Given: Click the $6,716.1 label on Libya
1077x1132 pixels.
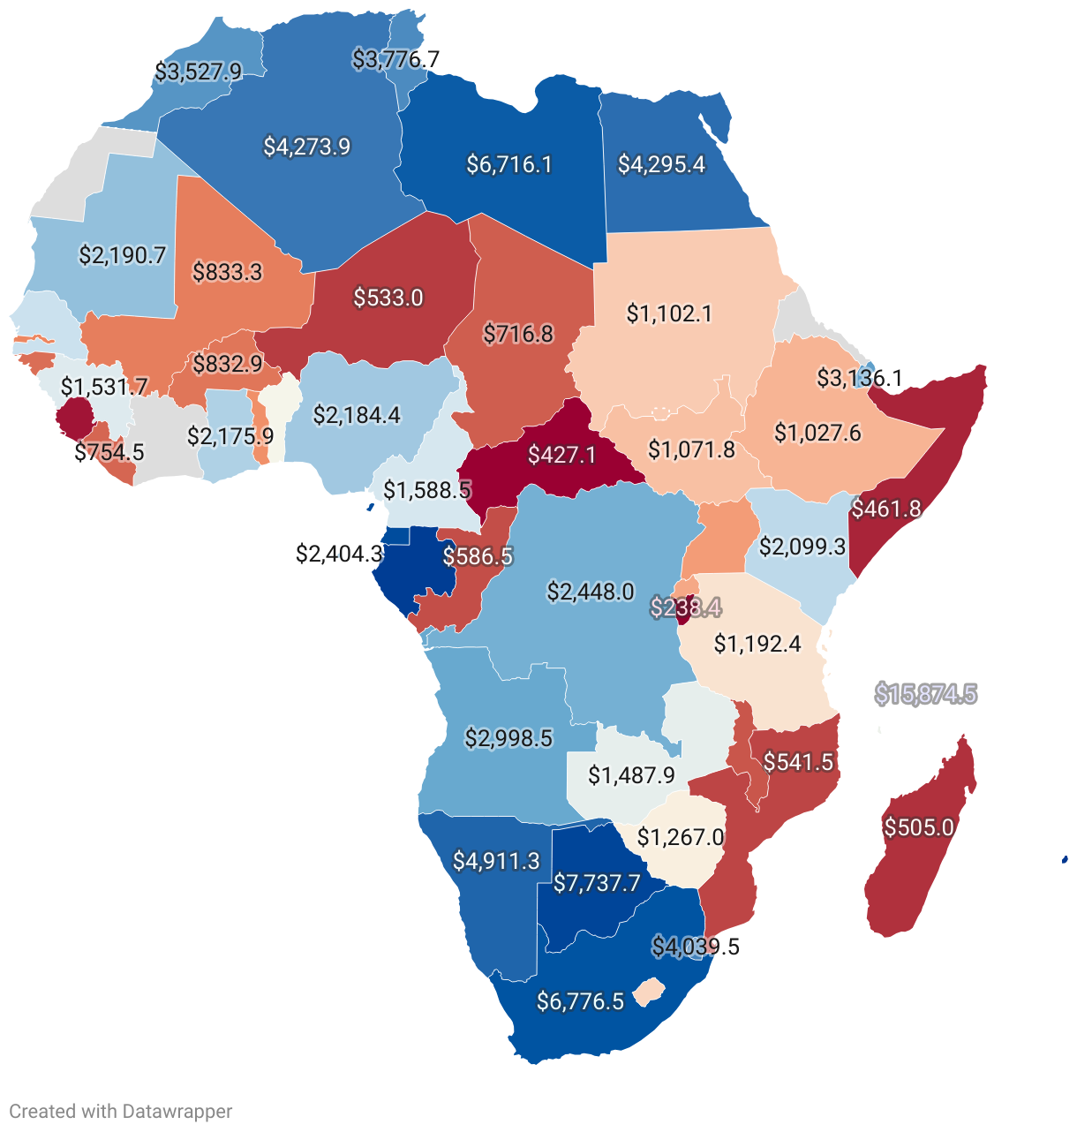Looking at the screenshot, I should [x=509, y=164].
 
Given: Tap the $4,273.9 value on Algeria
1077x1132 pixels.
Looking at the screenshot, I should [x=307, y=147].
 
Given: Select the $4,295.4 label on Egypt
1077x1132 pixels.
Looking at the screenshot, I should [x=661, y=164].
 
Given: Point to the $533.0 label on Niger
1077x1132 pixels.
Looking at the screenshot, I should [x=388, y=298].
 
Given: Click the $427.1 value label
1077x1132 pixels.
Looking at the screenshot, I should [x=561, y=455].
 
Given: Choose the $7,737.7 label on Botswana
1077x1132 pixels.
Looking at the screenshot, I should [x=597, y=884].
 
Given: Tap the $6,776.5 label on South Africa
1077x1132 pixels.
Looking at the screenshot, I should [x=580, y=1001].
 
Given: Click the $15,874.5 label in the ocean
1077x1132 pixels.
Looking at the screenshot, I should [x=925, y=695].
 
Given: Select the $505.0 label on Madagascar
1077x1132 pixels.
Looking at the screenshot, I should [x=919, y=827].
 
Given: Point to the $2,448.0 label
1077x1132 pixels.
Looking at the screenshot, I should [x=591, y=592].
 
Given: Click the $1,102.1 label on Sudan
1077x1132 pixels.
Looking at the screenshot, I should [x=669, y=313].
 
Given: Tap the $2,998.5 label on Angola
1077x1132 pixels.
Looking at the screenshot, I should [x=508, y=738].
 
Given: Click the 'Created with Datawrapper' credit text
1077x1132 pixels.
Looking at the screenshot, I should [x=121, y=1112].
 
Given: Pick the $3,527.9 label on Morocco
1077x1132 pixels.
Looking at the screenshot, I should [x=198, y=72].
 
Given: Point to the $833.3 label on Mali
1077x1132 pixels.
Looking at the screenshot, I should [x=228, y=271].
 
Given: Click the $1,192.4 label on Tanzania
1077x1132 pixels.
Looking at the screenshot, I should [x=757, y=644].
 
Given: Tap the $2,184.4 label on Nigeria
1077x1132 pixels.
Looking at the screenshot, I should [x=357, y=414].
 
